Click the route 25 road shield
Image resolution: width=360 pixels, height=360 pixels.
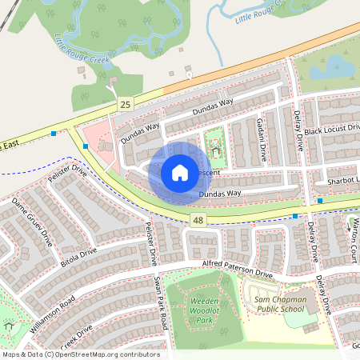pos(124,104)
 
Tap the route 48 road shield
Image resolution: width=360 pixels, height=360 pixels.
pos(196,218)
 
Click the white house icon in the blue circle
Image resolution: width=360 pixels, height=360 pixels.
pos(179,172)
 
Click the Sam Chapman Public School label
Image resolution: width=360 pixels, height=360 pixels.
pos(279,304)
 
